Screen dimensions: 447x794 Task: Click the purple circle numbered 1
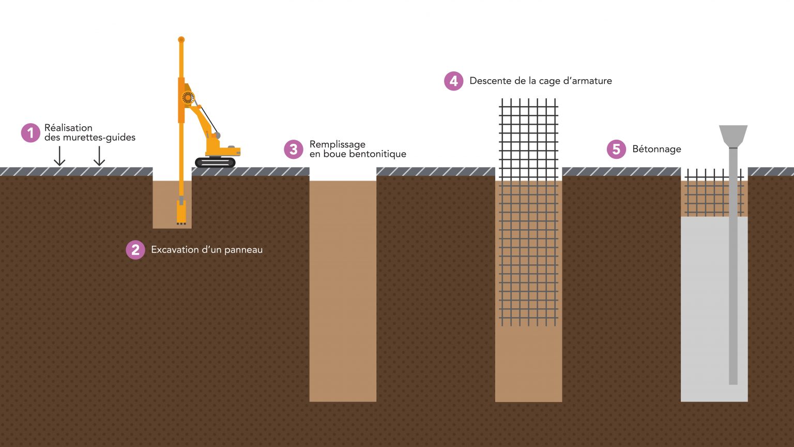point(30,132)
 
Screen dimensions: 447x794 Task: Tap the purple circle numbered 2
point(135,250)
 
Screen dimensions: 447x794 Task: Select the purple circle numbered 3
point(294,149)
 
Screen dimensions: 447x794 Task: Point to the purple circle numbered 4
point(454,81)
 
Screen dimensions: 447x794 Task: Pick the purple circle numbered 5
point(616,150)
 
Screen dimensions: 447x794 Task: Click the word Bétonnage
point(656,150)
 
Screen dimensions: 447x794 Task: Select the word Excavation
point(174,250)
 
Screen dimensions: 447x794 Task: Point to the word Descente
point(491,81)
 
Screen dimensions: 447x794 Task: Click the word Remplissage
point(337,144)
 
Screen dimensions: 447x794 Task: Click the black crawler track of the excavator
point(215,162)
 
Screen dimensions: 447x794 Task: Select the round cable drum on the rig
point(188,97)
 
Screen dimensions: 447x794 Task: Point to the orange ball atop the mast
point(181,40)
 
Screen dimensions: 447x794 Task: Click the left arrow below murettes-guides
point(59,156)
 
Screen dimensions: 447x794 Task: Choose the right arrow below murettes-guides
point(99,156)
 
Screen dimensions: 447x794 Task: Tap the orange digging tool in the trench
point(181,212)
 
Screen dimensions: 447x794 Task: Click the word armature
point(589,81)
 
